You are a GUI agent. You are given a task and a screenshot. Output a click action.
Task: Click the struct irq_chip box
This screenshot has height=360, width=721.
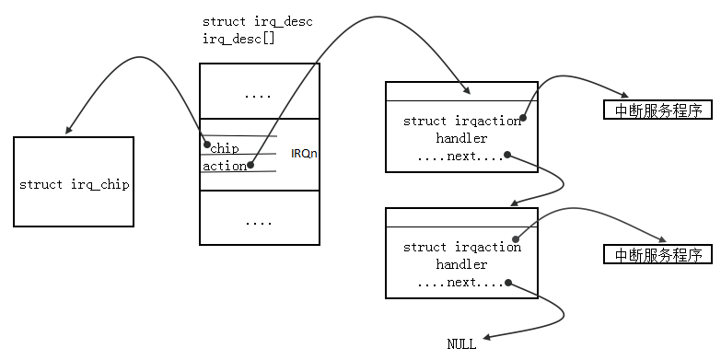(74, 182)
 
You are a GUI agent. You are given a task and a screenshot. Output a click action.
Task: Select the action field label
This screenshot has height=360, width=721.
(225, 167)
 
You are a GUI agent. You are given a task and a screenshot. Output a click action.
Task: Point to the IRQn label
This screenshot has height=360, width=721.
(304, 153)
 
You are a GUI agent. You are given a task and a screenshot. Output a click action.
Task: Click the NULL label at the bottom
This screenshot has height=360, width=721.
(461, 344)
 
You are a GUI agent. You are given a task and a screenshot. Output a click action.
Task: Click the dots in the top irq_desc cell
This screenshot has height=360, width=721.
(259, 94)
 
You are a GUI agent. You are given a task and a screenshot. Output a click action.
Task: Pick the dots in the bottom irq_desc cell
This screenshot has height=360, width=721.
(259, 221)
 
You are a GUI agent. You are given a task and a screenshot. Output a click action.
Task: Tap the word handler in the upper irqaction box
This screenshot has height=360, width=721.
(461, 138)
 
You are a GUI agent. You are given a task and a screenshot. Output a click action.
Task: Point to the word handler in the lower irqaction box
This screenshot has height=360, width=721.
(461, 264)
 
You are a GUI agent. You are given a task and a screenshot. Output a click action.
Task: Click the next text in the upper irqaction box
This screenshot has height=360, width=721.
(461, 156)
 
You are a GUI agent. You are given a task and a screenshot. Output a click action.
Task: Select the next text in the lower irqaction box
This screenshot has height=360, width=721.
(461, 282)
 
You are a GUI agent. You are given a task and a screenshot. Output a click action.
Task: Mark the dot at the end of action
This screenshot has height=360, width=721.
(250, 167)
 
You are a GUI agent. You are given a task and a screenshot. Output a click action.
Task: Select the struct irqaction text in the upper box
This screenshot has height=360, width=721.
(461, 121)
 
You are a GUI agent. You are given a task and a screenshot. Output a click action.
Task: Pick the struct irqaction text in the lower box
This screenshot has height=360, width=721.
(461, 247)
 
